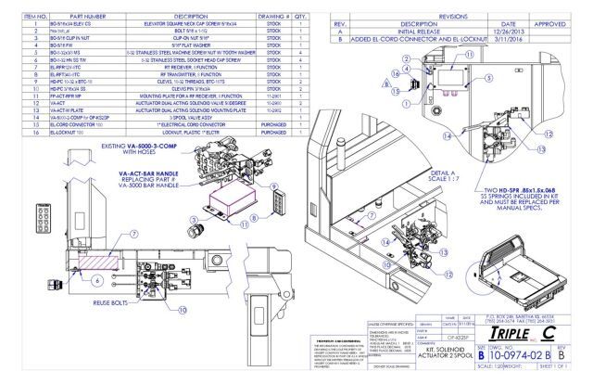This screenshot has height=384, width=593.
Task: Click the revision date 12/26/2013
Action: (521, 26)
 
